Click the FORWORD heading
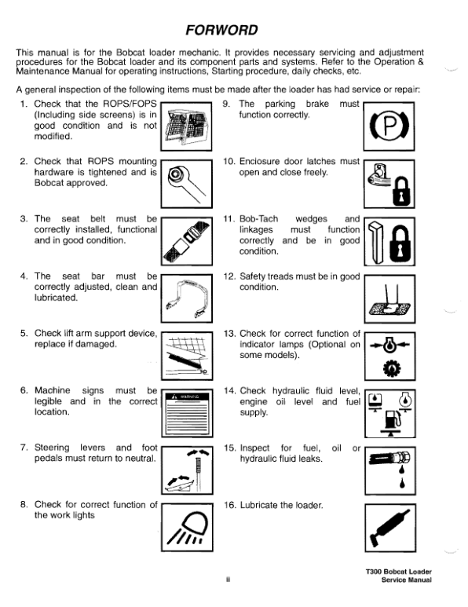tap(221, 30)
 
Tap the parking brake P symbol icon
tap(389, 126)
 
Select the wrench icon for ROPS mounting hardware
tap(187, 183)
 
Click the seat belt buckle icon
tap(187, 241)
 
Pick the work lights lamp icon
tap(188, 527)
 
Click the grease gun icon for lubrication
tap(389, 528)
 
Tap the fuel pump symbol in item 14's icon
tap(392, 421)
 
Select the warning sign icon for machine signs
tap(187, 413)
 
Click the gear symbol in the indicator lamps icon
tap(389, 368)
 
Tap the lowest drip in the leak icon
tap(403, 483)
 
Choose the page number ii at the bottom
tap(228, 580)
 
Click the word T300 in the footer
tap(374, 572)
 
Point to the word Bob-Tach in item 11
tap(258, 219)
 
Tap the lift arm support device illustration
tap(187, 357)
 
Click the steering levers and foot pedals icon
tap(188, 470)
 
